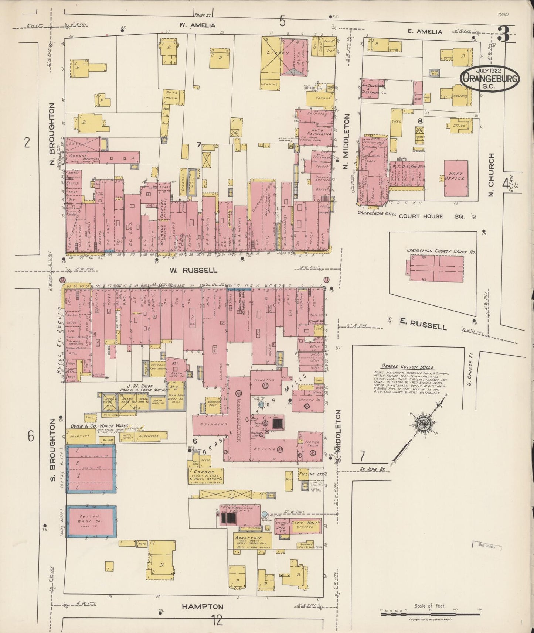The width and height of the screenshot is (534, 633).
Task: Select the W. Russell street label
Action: tap(193, 270)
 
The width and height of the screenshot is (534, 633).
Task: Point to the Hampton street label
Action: tap(203, 607)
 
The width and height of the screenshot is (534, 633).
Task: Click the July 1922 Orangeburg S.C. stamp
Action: tap(490, 79)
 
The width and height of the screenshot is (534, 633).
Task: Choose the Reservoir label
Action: tap(251, 538)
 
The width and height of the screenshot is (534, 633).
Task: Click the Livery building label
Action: tap(279, 53)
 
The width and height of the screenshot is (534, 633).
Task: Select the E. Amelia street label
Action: tap(425, 32)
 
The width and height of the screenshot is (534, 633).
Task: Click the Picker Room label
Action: tap(312, 444)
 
